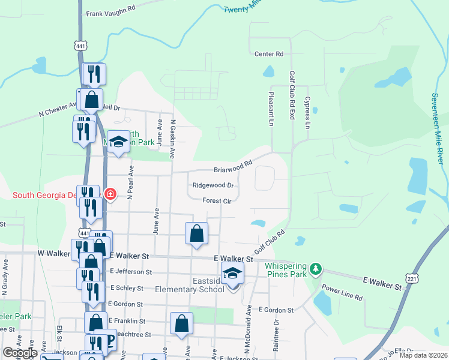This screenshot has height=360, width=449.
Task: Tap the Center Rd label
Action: (x=268, y=54)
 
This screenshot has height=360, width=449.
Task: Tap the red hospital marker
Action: (x=110, y=194)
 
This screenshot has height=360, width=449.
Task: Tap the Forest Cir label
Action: (x=217, y=202)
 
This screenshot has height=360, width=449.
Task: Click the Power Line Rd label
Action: (x=343, y=293)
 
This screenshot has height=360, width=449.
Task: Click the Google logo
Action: (x=20, y=352)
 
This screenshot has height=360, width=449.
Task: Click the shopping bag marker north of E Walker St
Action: (x=196, y=234)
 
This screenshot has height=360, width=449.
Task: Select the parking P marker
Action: (x=110, y=340)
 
